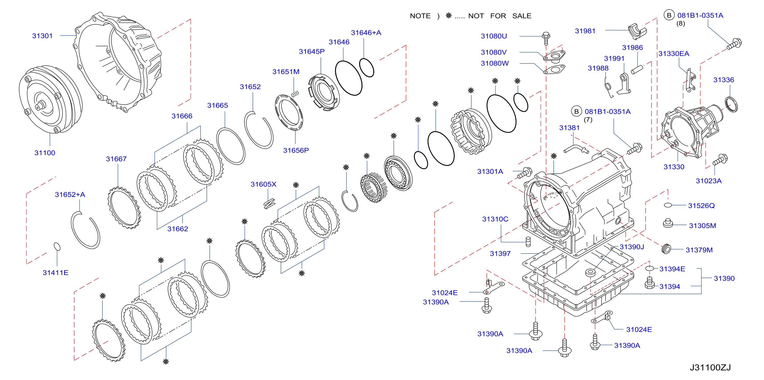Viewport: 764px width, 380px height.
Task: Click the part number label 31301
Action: click(42, 36)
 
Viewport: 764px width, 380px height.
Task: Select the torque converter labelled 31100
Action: click(50, 100)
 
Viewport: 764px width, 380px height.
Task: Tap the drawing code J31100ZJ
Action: click(710, 367)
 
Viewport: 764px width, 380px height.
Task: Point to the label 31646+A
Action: click(366, 33)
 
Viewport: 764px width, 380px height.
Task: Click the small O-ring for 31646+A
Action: click(367, 68)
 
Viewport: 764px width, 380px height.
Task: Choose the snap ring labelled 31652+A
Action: click(85, 230)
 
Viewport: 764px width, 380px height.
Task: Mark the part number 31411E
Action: click(56, 272)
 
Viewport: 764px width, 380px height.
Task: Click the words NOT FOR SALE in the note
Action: click(500, 16)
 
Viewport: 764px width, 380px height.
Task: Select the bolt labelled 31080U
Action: click(546, 38)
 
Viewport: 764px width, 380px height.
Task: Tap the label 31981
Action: click(585, 31)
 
